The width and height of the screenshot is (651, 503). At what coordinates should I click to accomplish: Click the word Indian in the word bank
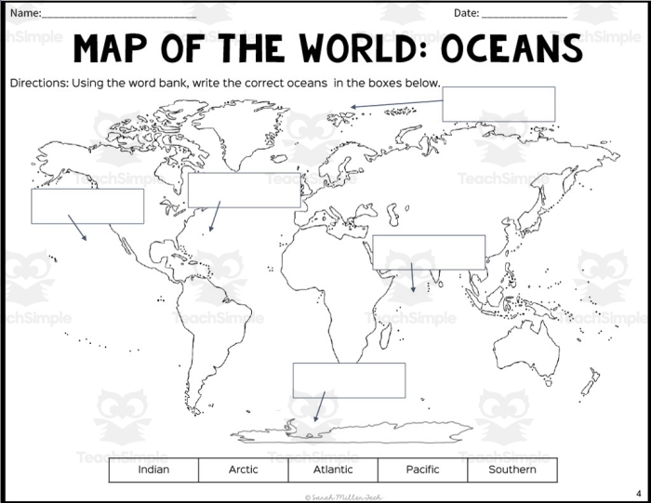(x=153, y=470)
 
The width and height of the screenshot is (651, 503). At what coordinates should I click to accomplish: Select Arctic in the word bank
(x=244, y=470)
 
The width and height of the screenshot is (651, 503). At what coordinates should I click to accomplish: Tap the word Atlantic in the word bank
(x=333, y=470)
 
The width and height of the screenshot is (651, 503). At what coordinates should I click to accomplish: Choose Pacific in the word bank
(x=422, y=470)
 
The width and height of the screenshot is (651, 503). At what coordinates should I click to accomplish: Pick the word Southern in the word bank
(x=512, y=470)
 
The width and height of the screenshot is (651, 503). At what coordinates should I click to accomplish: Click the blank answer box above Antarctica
(x=349, y=379)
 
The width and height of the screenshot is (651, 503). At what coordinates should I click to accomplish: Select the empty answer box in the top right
(x=498, y=103)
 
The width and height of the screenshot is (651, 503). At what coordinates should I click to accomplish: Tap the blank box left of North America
(x=87, y=205)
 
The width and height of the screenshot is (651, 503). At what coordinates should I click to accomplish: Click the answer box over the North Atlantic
(x=244, y=190)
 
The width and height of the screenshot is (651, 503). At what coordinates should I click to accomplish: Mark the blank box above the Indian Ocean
(x=429, y=252)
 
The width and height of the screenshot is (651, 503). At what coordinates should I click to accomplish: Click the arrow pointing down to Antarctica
(x=319, y=407)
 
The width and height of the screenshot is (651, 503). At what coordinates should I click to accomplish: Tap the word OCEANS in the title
(x=511, y=48)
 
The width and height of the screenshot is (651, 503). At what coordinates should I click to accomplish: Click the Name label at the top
(x=26, y=13)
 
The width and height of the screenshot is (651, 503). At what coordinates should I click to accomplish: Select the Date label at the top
(x=466, y=13)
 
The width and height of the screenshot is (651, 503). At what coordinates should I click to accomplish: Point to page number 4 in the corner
(x=639, y=492)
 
